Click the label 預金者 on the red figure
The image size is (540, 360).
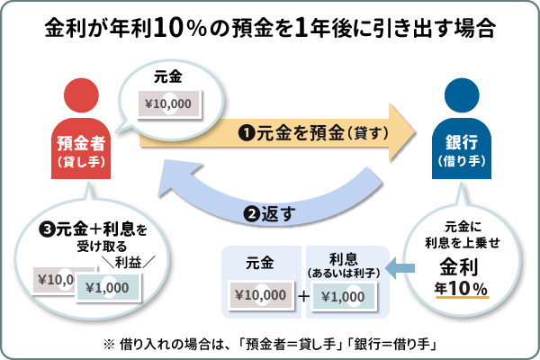pyautogui.click(x=82, y=142)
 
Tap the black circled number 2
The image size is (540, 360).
pyautogui.click(x=253, y=214)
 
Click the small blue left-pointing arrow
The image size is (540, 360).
pyautogui.click(x=403, y=267)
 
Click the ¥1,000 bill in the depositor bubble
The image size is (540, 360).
pyautogui.click(x=109, y=286)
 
